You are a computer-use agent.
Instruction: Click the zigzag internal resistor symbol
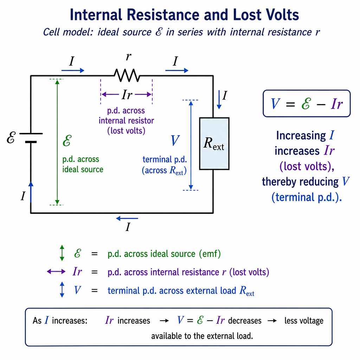click(x=127, y=75)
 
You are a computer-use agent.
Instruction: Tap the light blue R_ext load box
click(x=214, y=144)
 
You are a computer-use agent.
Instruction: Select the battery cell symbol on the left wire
click(x=31, y=138)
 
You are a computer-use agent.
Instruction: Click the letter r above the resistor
click(x=129, y=56)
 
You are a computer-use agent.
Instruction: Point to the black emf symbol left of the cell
click(x=11, y=137)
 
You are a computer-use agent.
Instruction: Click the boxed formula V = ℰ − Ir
click(x=307, y=104)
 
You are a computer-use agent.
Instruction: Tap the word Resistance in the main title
click(x=163, y=15)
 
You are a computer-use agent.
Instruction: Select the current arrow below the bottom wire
click(x=127, y=218)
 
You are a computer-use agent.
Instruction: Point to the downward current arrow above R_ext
click(x=219, y=99)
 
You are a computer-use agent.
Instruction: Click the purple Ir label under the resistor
click(x=127, y=94)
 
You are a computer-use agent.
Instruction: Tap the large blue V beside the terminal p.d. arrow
click(x=175, y=141)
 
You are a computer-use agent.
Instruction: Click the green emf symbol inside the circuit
click(x=67, y=141)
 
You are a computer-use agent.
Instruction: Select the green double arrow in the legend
click(x=62, y=253)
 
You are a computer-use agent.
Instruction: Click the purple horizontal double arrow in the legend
click(x=56, y=272)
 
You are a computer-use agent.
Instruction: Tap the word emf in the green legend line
click(x=210, y=254)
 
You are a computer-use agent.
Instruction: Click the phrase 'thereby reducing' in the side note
click(x=300, y=182)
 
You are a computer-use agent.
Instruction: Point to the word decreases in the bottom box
click(x=245, y=321)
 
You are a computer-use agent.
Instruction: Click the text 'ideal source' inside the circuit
click(x=83, y=169)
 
